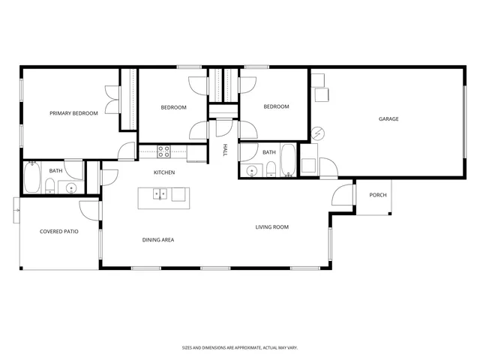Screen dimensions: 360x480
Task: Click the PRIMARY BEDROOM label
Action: click(73, 113)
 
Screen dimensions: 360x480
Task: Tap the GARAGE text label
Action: click(388, 119)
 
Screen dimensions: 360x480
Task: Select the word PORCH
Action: click(378, 195)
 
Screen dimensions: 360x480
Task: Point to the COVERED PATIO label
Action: click(58, 232)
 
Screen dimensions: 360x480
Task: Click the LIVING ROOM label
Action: click(271, 227)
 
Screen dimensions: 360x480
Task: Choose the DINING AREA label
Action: click(158, 240)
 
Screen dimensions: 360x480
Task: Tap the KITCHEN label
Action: click(164, 172)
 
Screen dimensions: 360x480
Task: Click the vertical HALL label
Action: click(224, 151)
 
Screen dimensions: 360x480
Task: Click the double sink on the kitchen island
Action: click(160, 195)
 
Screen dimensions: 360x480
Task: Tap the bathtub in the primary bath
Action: click(32, 178)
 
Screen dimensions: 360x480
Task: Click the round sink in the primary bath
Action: click(71, 187)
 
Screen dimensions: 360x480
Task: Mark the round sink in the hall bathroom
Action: click(253, 170)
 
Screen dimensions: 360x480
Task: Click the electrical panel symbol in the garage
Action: click(318, 134)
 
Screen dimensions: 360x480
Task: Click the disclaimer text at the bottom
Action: click(239, 347)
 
